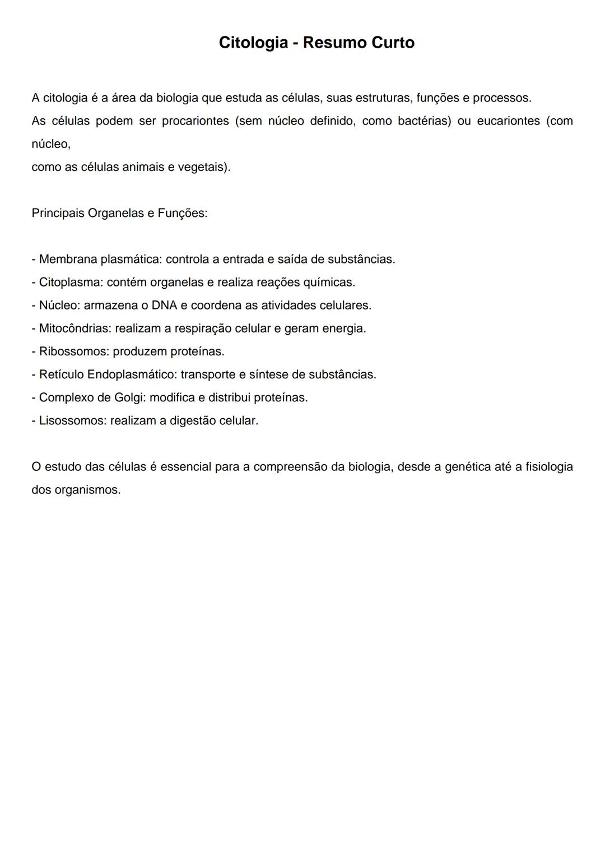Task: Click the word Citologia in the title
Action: click(253, 43)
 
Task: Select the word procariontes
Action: click(196, 121)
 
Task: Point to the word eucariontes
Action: click(508, 121)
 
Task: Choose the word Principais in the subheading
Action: click(58, 214)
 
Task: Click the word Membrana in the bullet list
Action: click(68, 260)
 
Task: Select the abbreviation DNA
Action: click(164, 306)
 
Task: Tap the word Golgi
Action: click(130, 398)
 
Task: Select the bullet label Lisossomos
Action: click(71, 421)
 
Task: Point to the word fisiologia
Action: click(549, 467)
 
